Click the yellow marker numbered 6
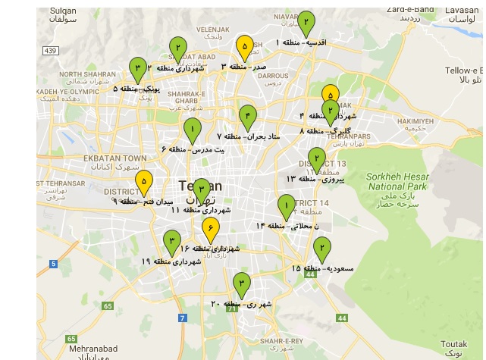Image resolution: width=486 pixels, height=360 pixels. point(211,227)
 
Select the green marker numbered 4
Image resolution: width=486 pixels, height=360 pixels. point(247,116)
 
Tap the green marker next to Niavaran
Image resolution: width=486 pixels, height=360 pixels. point(306,22)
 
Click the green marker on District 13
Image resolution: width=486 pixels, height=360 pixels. point(317,158)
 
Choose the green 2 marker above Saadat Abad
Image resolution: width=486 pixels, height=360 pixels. point(177,47)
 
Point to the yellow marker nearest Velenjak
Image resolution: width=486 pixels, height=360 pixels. point(244,46)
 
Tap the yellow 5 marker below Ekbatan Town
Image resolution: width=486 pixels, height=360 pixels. point(143,182)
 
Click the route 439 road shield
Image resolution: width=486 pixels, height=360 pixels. point(51,51)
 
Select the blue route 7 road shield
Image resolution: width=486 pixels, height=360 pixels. point(183,317)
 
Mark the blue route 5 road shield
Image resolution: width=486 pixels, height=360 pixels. point(54,264)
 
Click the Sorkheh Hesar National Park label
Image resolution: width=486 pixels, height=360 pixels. point(397,181)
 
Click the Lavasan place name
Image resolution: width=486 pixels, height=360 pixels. point(462,10)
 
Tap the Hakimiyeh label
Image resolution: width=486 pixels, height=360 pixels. point(415,121)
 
